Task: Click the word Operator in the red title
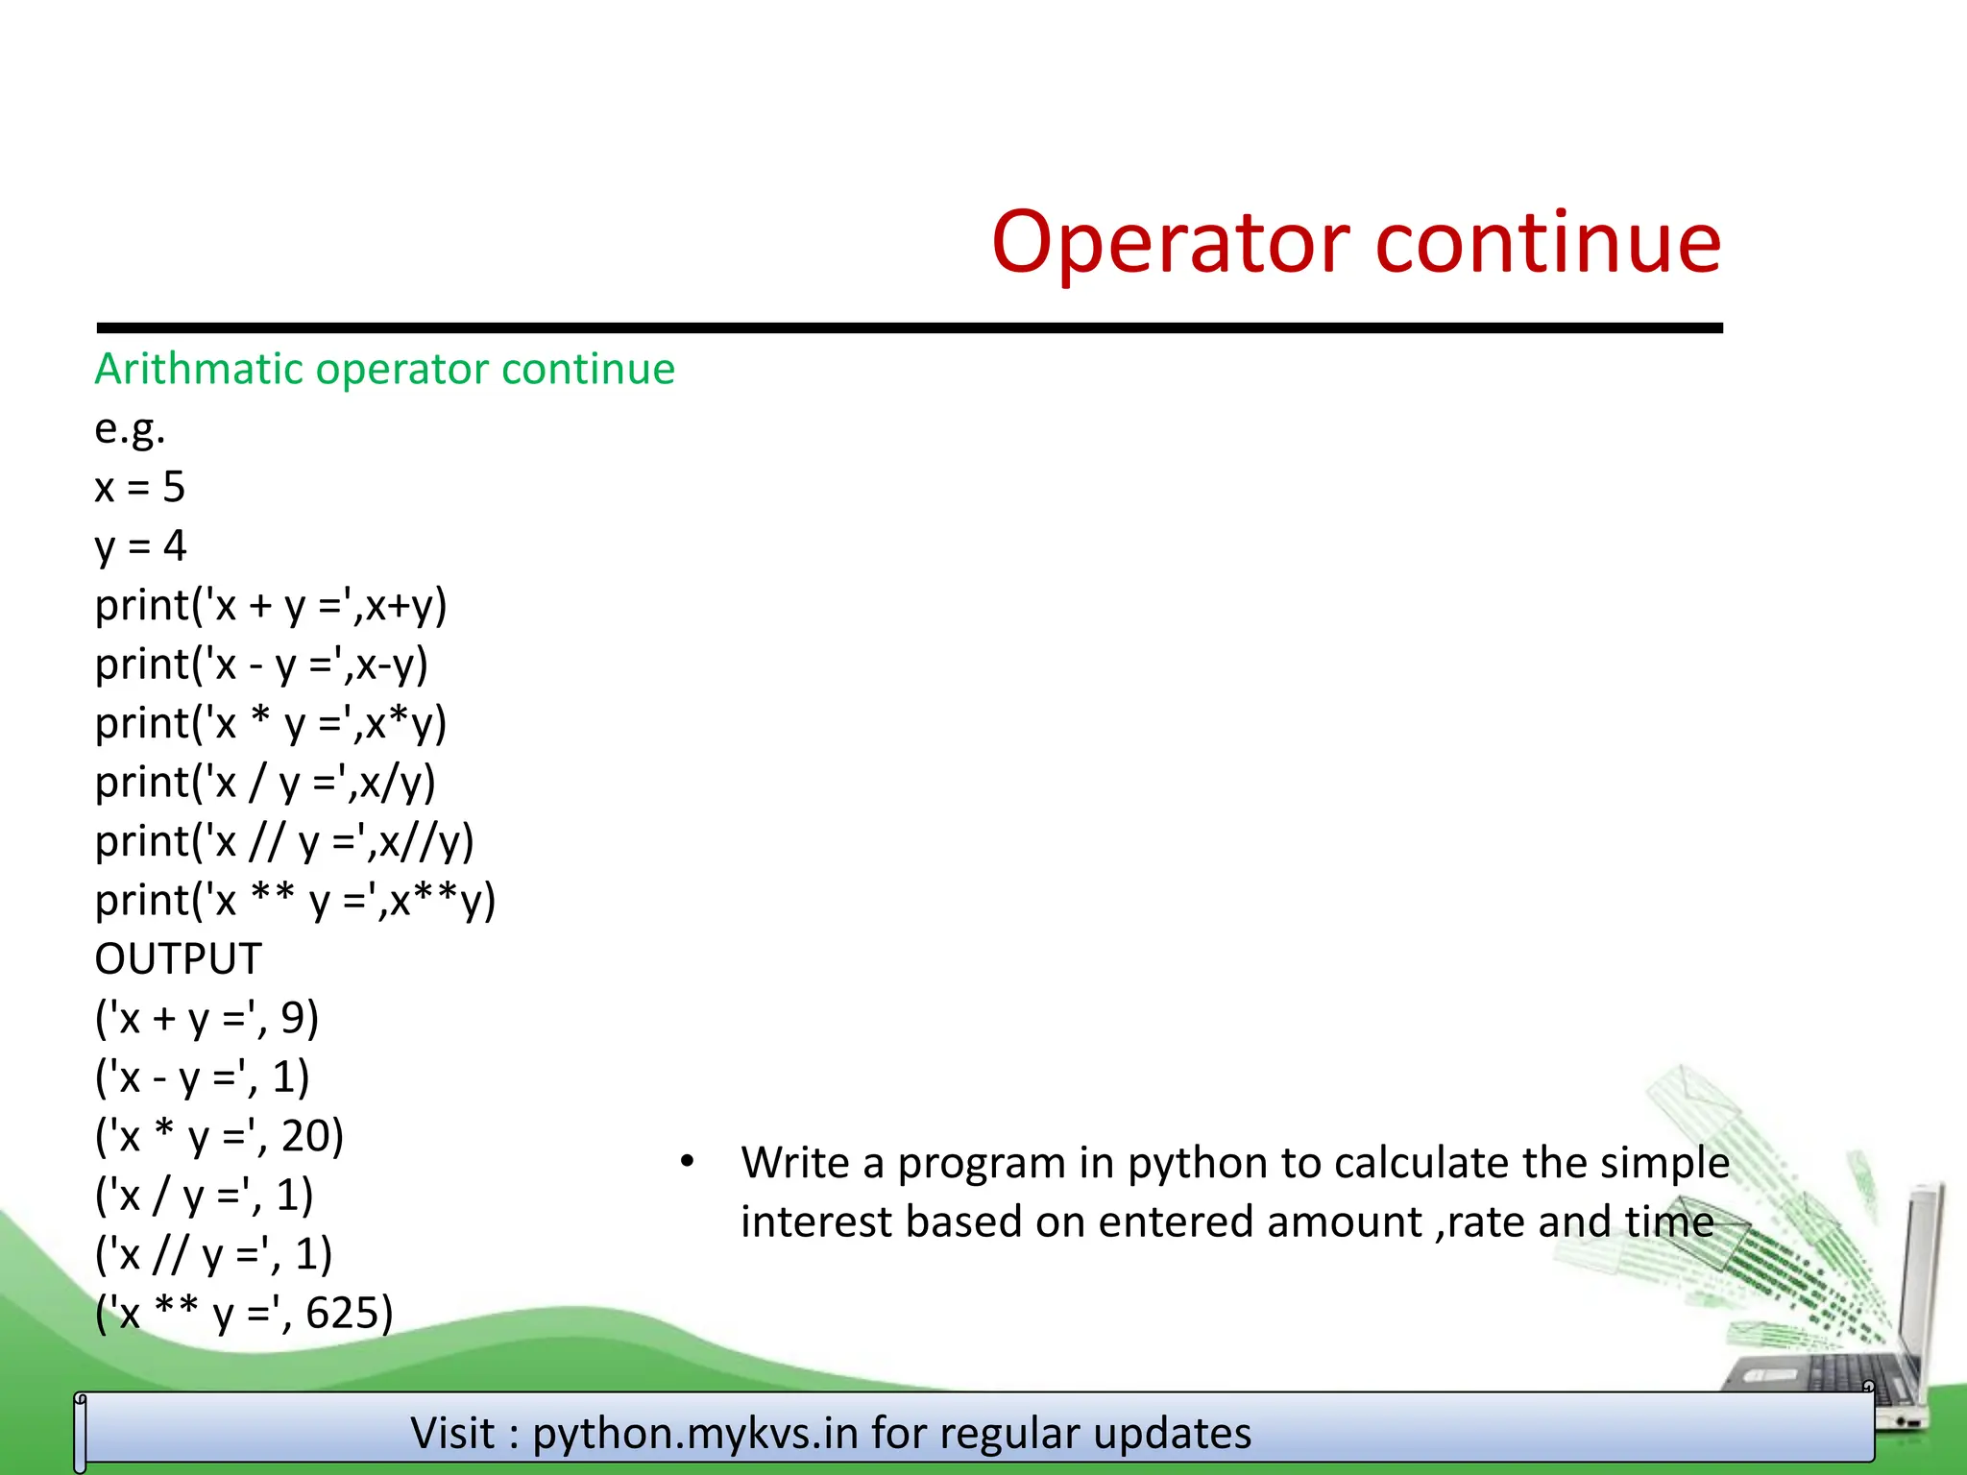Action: click(x=1172, y=244)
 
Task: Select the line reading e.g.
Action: click(x=130, y=429)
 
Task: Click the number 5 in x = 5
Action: click(x=174, y=488)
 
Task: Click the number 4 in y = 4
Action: click(x=175, y=546)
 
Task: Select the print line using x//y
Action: click(x=284, y=842)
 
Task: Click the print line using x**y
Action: click(x=295, y=902)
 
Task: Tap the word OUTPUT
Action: click(x=178, y=959)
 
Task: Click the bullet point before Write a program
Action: click(x=686, y=1163)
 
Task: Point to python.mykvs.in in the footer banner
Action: click(x=695, y=1434)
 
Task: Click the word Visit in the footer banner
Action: click(x=452, y=1434)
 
